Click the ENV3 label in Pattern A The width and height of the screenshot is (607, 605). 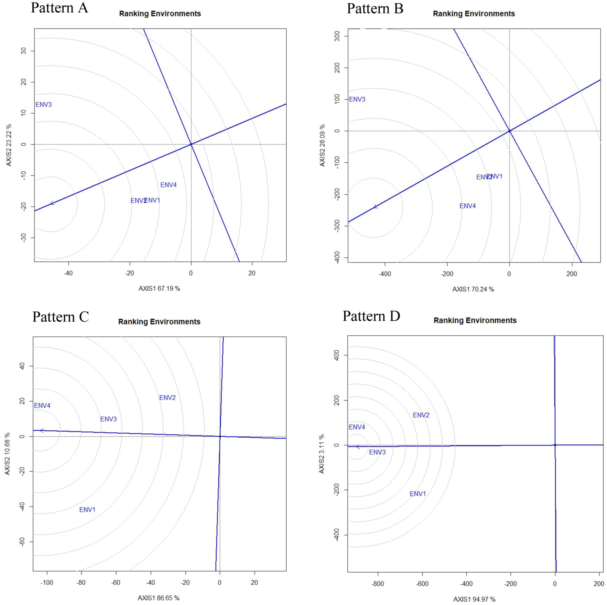43,105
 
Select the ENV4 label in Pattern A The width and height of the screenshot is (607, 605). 169,185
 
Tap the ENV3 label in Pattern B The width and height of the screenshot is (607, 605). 357,99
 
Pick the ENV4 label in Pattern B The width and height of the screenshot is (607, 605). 468,206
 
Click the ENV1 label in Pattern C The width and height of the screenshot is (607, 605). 87,510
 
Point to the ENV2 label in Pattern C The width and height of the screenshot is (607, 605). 167,398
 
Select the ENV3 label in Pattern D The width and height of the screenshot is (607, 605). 377,452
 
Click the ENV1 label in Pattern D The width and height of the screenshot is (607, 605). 417,494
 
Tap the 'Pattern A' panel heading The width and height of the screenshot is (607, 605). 59,8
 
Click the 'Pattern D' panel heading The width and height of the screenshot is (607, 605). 371,316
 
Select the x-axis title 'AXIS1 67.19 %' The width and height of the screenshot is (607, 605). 159,289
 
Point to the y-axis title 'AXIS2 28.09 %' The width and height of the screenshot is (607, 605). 322,145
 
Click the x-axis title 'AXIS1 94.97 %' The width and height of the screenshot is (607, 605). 474,599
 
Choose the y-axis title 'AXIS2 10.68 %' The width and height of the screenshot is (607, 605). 7,454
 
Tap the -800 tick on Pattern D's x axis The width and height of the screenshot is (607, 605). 378,584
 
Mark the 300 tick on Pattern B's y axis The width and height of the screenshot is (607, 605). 337,36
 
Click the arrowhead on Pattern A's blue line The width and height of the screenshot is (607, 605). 52,203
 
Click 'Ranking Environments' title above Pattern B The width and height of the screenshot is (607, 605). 474,14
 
